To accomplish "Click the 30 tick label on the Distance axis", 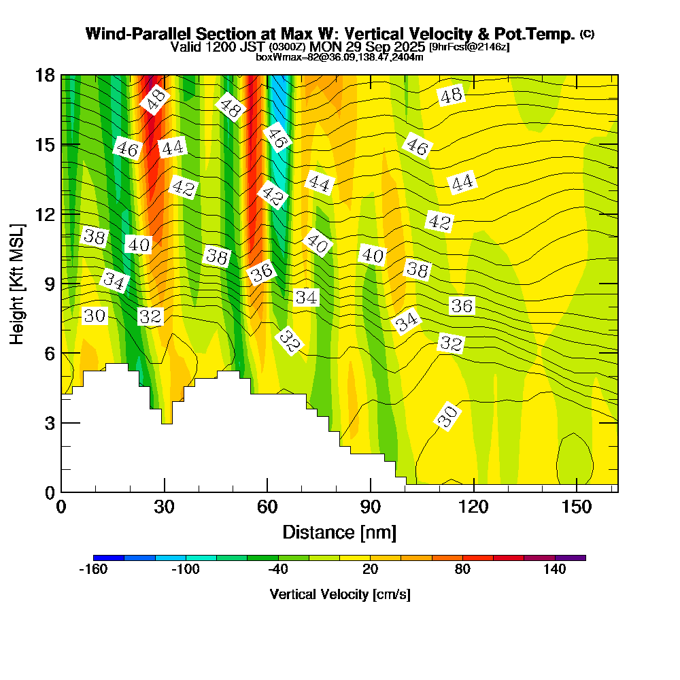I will [164, 507].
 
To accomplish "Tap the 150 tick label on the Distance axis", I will [577, 507].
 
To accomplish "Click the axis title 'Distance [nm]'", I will [339, 532].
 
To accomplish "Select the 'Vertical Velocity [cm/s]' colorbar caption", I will [340, 594].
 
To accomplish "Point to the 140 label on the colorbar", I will [555, 570].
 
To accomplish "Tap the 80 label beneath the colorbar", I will [462, 570].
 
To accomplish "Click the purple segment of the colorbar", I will [571, 558].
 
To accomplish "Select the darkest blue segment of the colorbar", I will [109, 558].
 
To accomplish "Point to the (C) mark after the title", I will [588, 33].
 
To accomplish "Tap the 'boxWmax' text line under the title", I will [339, 57].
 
